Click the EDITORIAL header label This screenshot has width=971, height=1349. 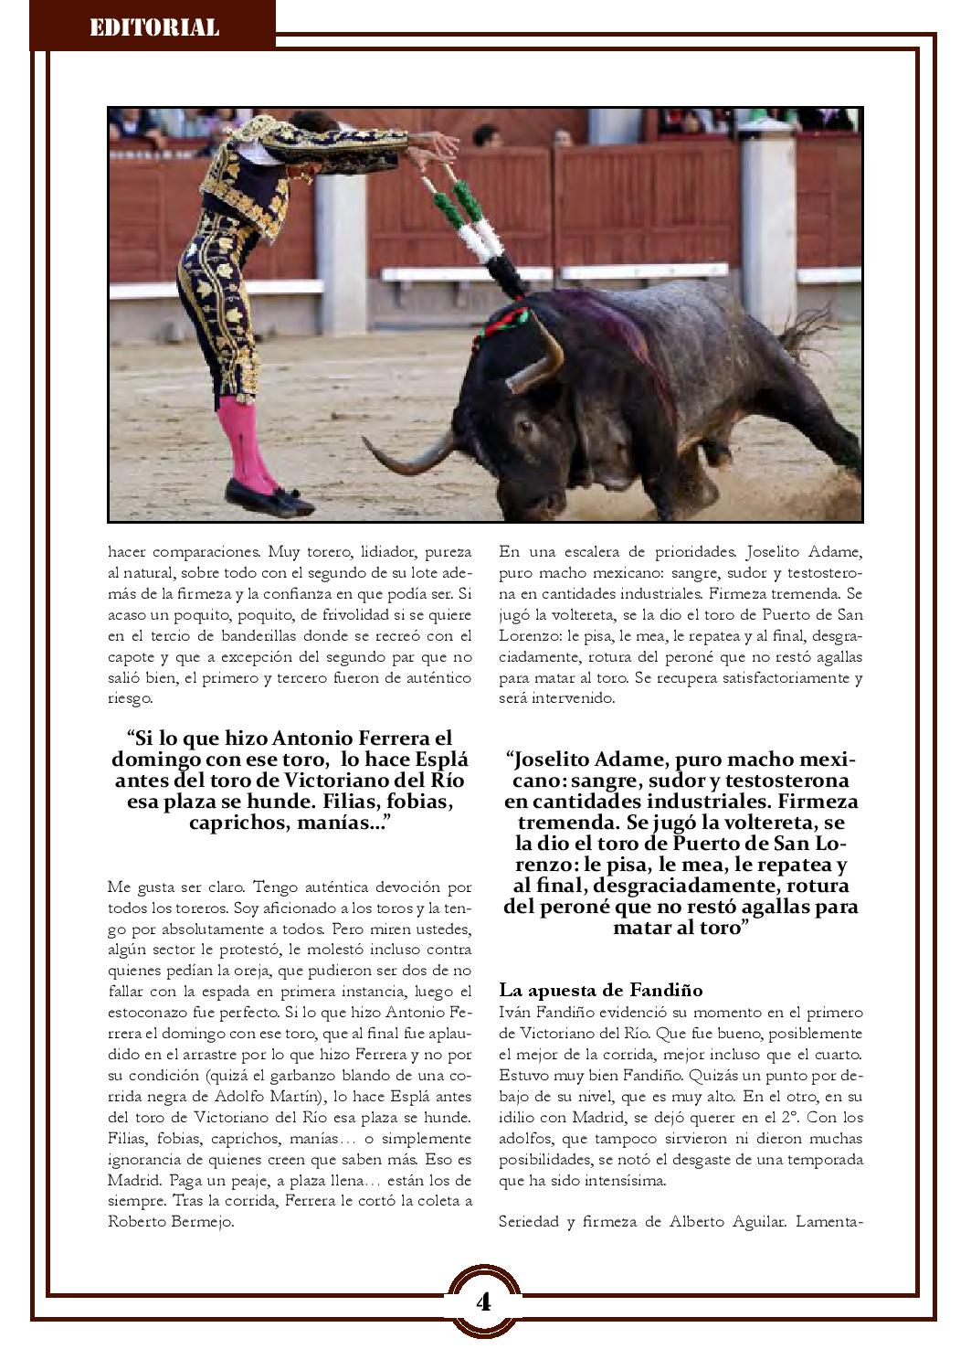tap(154, 27)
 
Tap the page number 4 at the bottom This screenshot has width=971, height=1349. tap(483, 1301)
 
